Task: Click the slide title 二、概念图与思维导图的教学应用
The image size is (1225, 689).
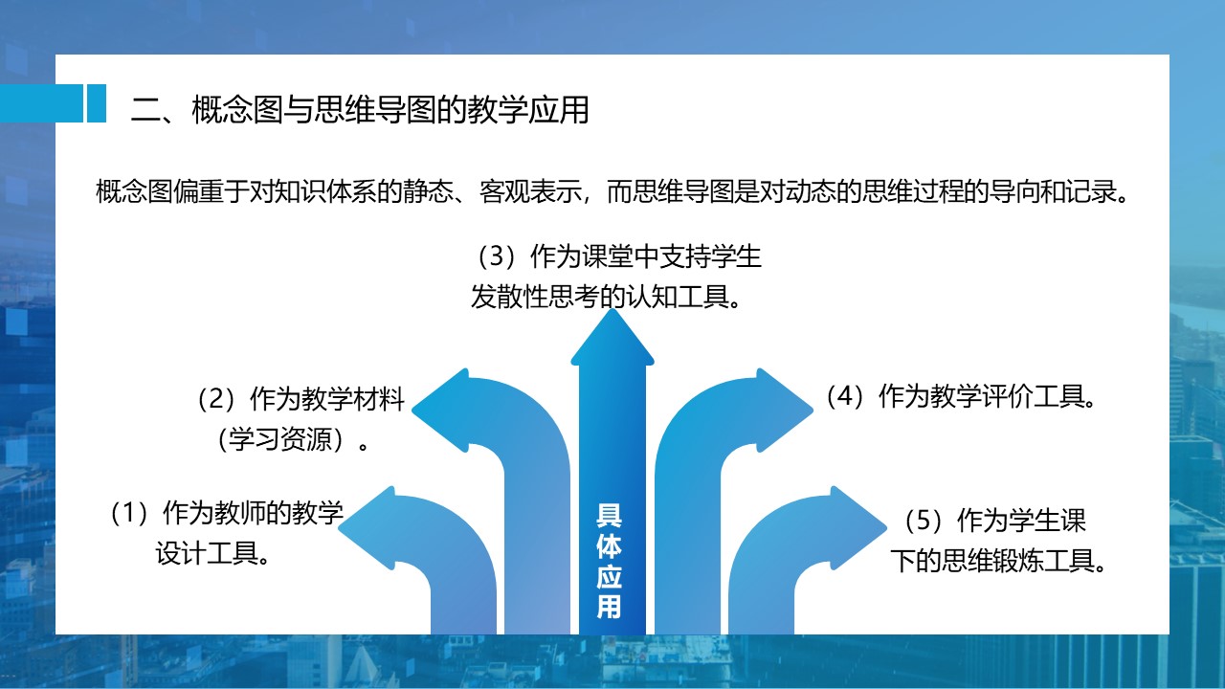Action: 360,109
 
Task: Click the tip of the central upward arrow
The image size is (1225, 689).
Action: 612,309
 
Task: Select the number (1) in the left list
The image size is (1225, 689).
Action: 129,512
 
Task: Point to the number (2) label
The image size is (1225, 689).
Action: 216,399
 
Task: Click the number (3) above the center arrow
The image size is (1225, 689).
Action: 497,256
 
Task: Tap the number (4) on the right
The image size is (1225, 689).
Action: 845,396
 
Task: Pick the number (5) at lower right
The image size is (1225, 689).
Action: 924,520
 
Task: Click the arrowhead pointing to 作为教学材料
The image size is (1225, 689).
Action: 441,411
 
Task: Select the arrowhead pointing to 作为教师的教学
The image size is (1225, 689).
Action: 367,527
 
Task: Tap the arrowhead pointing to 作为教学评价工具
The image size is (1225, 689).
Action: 786,411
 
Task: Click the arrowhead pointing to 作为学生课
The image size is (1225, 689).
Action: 858,527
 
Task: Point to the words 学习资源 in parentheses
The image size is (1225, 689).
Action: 280,439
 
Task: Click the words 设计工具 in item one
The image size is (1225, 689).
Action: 207,553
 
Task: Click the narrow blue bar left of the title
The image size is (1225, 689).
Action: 97,102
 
